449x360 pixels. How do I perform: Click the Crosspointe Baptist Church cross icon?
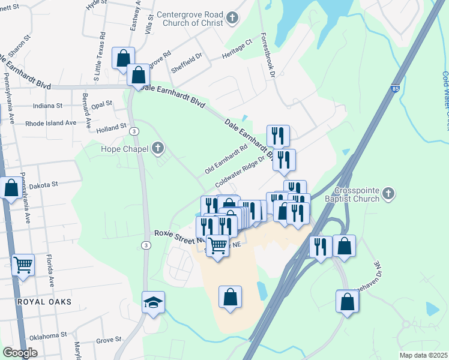388,193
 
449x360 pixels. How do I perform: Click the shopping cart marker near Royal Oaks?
23,264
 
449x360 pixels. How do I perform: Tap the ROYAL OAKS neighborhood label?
44,302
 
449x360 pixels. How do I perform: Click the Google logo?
20,353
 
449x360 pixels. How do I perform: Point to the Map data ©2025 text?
423,355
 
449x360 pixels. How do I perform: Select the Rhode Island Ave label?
51,123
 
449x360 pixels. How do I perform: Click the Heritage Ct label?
237,48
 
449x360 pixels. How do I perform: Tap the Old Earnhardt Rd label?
226,159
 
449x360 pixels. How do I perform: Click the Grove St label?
109,340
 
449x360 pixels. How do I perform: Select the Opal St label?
101,104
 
